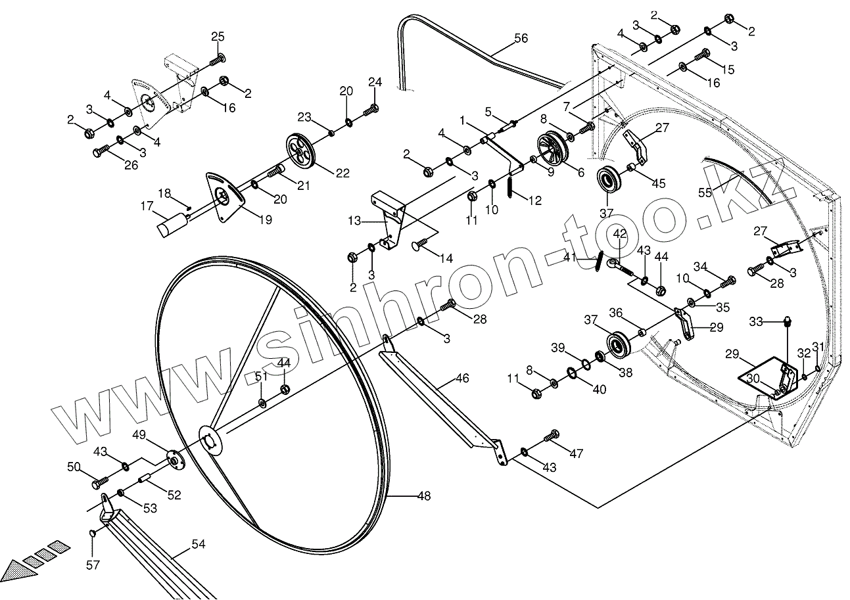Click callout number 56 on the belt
(520, 39)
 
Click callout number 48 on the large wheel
(424, 496)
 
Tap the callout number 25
(218, 35)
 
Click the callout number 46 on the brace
(462, 379)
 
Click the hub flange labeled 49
(174, 458)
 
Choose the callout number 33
(757, 321)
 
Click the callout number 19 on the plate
(264, 220)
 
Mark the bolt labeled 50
(100, 482)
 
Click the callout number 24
(375, 82)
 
